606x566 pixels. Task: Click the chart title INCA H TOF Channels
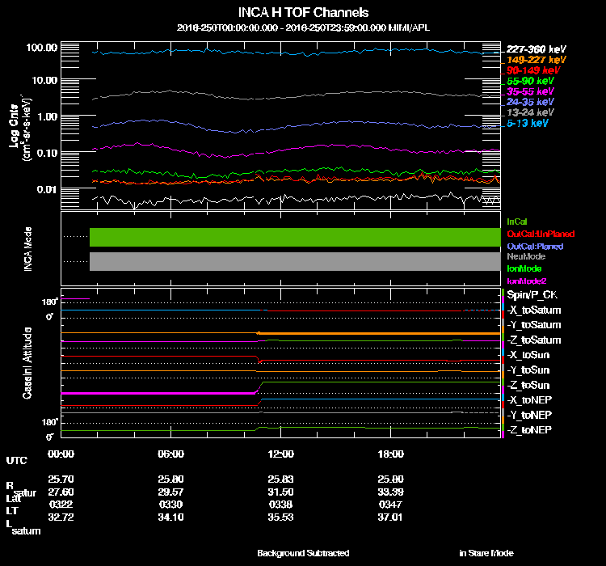click(x=303, y=13)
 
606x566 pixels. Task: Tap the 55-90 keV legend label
click(x=530, y=81)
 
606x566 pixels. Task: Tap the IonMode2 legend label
click(x=526, y=280)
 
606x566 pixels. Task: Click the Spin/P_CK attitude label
click(x=531, y=295)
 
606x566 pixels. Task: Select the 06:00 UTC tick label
click(x=170, y=454)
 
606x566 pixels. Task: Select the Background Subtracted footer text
click(x=303, y=553)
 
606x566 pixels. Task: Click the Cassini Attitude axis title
click(x=27, y=361)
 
